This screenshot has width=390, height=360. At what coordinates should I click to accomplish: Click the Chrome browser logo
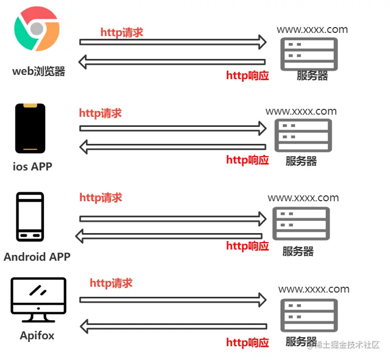(x=37, y=29)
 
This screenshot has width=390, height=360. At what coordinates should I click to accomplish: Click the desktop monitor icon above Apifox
(x=38, y=299)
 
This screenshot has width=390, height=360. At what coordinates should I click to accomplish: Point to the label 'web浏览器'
(x=39, y=71)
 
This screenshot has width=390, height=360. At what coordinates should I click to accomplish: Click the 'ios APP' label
(x=33, y=166)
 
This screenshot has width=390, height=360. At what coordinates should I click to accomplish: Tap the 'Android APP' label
(x=37, y=257)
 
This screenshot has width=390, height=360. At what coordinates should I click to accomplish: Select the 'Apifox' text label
(x=37, y=336)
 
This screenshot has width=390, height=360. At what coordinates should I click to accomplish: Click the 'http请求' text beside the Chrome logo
(x=122, y=32)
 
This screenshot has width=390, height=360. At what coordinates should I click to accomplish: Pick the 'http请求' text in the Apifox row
(x=111, y=283)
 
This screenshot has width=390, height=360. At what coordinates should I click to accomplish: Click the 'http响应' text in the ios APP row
(x=247, y=160)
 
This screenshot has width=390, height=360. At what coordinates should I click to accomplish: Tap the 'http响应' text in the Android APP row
(x=247, y=246)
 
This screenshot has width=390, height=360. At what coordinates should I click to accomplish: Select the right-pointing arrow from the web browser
(x=172, y=41)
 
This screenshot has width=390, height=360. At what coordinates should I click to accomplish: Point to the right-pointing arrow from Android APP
(x=172, y=218)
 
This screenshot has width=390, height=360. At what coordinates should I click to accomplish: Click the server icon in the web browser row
(x=309, y=54)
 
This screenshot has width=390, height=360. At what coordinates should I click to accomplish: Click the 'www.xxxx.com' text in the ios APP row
(x=301, y=112)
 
